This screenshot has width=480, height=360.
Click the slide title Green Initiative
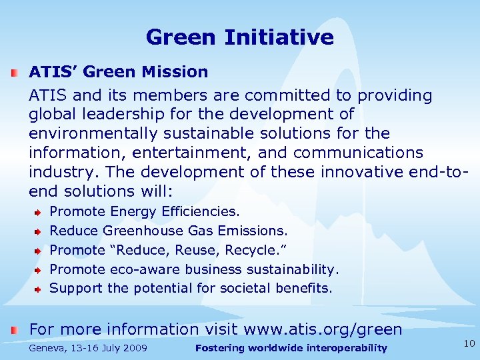[239, 37]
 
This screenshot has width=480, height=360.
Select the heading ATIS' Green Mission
[118, 71]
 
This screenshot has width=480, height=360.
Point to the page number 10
[469, 343]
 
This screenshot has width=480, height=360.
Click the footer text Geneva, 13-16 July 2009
[88, 348]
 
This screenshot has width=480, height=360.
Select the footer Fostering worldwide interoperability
[291, 348]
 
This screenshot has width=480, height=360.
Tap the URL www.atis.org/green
[323, 329]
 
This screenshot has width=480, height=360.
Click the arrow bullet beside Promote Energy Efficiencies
[39, 212]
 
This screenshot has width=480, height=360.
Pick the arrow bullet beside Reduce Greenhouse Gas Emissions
[39, 231]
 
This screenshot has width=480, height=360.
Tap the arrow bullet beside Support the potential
[39, 289]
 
